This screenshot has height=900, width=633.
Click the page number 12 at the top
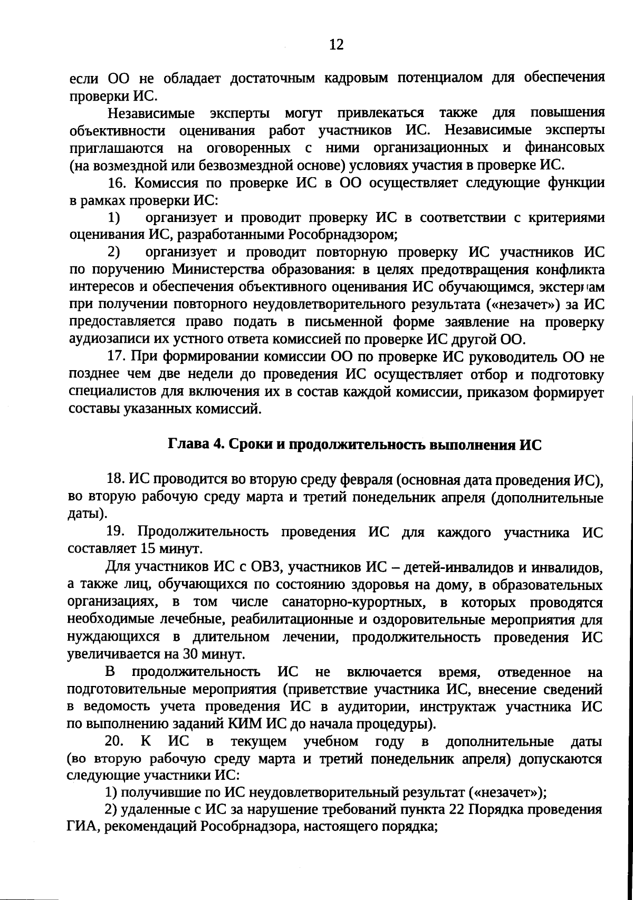[336, 44]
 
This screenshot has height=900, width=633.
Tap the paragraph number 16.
[117, 183]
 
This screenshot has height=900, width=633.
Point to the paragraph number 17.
[117, 357]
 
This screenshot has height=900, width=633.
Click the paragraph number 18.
[116, 479]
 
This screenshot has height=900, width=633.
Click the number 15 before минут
[149, 549]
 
